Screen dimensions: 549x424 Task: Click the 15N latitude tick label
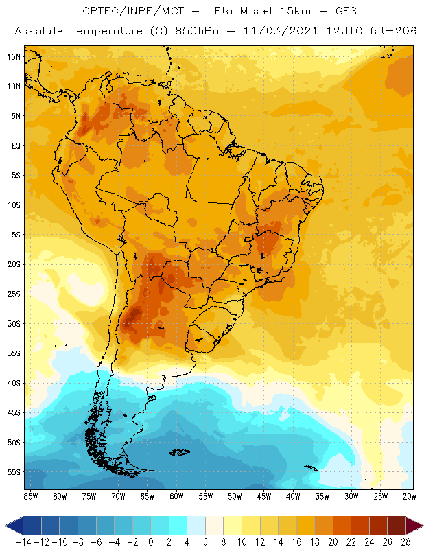point(14,56)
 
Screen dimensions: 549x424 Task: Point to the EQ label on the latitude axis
point(14,145)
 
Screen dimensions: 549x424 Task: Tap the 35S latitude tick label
point(14,353)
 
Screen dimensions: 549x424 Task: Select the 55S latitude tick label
point(14,472)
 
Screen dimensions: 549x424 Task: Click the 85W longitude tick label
point(30,496)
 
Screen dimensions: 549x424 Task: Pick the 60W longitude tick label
point(176,496)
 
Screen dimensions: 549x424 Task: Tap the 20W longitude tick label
point(409,496)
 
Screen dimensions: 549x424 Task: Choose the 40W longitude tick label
point(293,496)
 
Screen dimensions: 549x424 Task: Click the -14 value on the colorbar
point(23,541)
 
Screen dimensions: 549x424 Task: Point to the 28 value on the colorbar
point(405,541)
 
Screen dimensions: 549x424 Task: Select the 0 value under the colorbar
point(151,541)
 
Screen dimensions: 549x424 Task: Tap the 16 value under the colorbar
point(296,541)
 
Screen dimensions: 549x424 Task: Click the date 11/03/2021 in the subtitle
point(272,32)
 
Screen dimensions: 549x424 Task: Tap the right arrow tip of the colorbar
point(419,526)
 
